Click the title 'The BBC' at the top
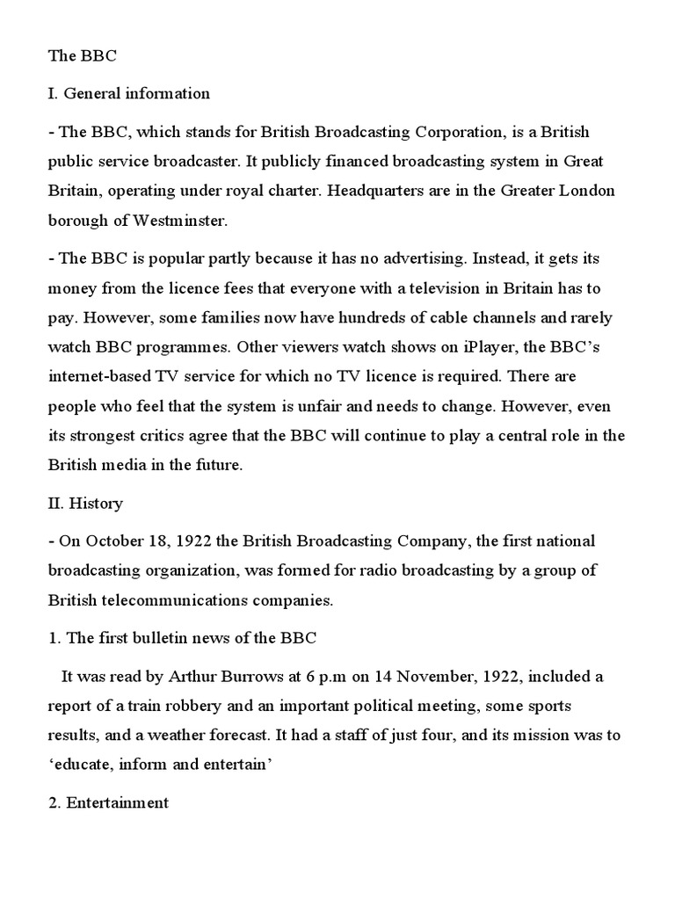click(x=81, y=55)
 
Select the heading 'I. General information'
click(x=128, y=93)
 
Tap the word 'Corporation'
click(x=456, y=132)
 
